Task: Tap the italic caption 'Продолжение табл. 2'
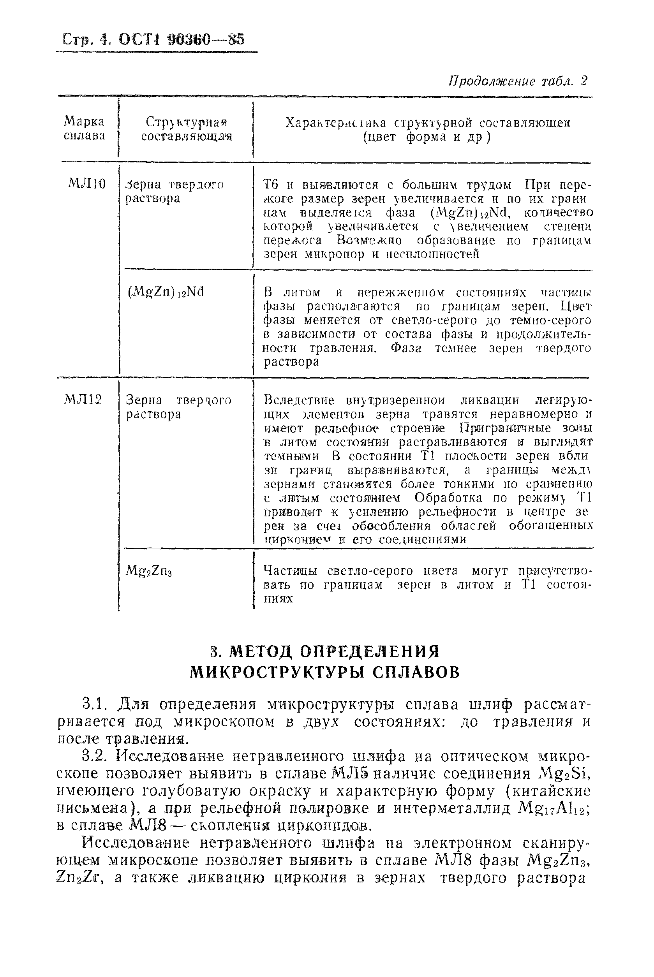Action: pyautogui.click(x=518, y=81)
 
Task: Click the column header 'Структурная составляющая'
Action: pyautogui.click(x=187, y=130)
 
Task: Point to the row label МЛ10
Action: pyautogui.click(x=87, y=183)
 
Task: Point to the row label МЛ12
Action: pyautogui.click(x=83, y=400)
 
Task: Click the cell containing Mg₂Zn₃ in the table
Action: pyautogui.click(x=149, y=571)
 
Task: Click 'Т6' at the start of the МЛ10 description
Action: pyautogui.click(x=271, y=184)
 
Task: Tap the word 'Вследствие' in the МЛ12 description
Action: pyautogui.click(x=299, y=400)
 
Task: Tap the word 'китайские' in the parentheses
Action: pyautogui.click(x=558, y=791)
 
